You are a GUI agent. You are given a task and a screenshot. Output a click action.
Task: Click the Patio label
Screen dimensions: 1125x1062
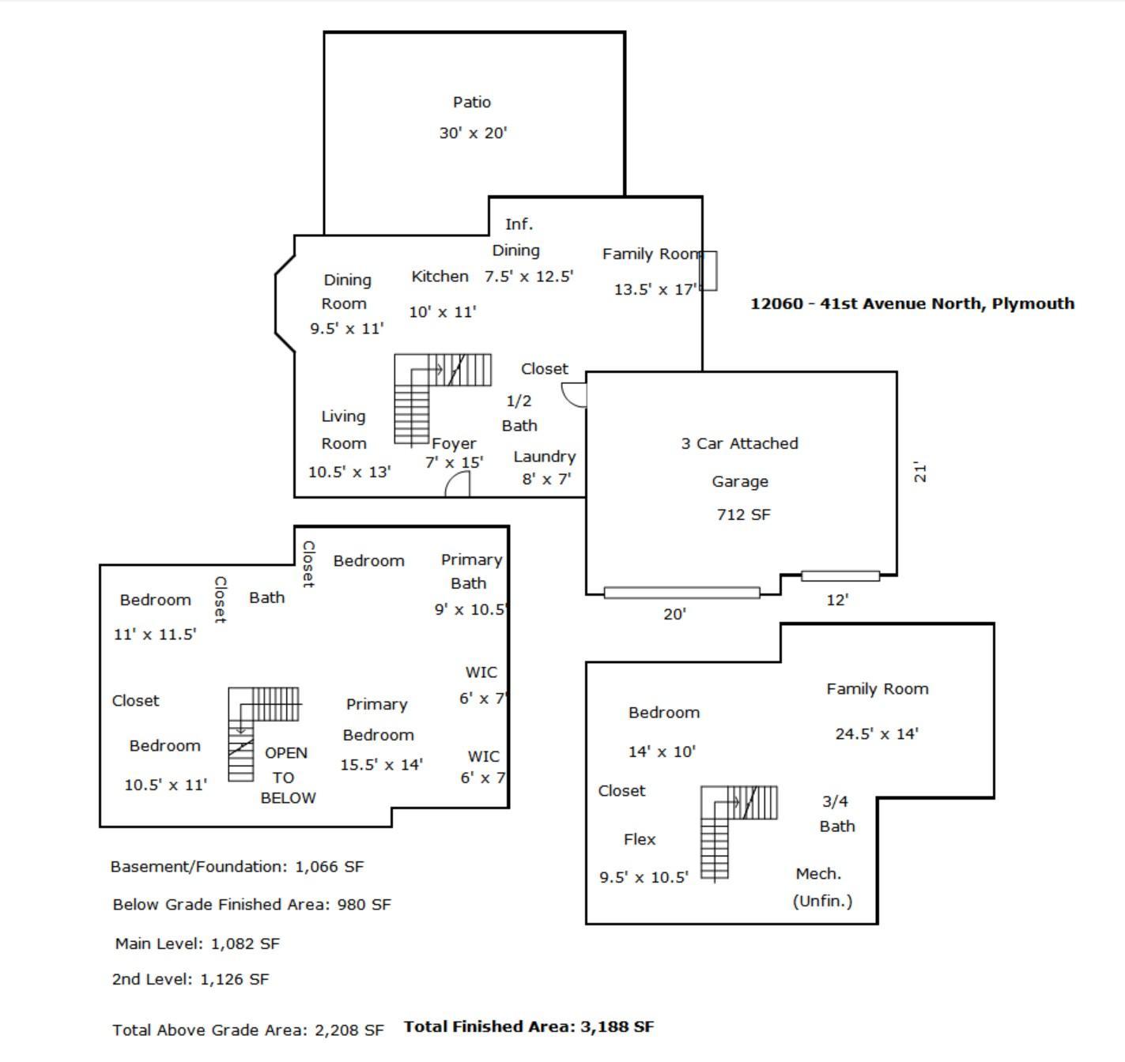471,102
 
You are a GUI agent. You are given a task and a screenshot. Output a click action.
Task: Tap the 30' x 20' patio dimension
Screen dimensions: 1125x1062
473,133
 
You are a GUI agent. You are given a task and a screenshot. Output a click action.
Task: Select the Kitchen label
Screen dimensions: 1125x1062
440,277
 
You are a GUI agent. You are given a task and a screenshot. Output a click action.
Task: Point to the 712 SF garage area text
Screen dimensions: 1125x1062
743,514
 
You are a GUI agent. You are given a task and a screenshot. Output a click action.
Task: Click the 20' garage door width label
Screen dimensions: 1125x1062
674,614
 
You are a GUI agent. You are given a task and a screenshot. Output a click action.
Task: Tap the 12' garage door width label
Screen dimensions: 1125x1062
837,600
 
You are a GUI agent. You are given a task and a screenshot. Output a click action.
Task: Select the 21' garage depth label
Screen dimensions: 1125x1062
920,473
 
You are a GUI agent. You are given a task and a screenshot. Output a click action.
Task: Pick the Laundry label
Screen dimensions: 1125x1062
545,457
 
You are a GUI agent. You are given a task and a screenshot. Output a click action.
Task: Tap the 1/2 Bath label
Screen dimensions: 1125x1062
519,413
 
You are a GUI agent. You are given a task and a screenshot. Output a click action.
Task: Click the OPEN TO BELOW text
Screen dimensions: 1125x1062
287,775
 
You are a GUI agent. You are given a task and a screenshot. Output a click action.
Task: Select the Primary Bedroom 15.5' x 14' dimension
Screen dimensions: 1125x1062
381,765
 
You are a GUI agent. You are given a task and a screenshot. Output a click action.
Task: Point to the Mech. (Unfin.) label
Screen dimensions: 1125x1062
821,887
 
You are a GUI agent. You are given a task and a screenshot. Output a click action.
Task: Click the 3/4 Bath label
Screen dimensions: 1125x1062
836,813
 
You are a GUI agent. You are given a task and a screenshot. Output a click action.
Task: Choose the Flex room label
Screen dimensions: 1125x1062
640,839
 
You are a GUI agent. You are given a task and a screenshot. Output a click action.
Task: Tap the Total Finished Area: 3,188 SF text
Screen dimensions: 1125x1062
529,1026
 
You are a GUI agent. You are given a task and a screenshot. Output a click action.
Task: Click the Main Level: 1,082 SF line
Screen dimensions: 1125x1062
197,943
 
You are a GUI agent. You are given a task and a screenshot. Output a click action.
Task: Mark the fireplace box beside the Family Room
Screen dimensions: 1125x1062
708,271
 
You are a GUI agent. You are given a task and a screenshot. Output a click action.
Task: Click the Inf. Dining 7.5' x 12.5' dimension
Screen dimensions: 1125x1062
529,277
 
